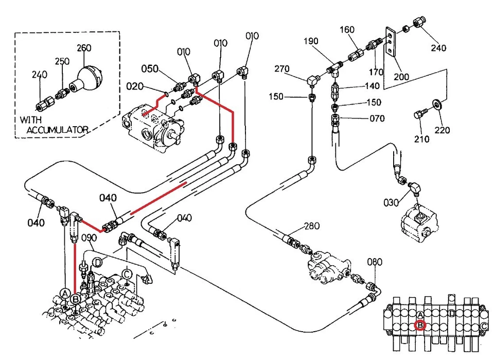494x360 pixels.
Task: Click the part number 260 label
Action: (84, 48)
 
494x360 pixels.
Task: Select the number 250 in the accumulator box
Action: (62, 61)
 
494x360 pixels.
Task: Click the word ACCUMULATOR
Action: (58, 129)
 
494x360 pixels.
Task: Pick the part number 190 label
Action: (310, 41)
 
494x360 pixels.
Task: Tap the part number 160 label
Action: (347, 30)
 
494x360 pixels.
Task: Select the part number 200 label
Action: (401, 77)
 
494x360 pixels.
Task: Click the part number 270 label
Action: (282, 68)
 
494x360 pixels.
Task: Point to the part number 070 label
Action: (377, 118)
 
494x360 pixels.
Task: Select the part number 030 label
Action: (391, 203)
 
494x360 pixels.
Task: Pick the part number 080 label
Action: (375, 262)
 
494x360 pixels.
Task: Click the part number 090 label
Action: (89, 238)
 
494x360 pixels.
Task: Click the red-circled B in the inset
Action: (420, 325)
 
